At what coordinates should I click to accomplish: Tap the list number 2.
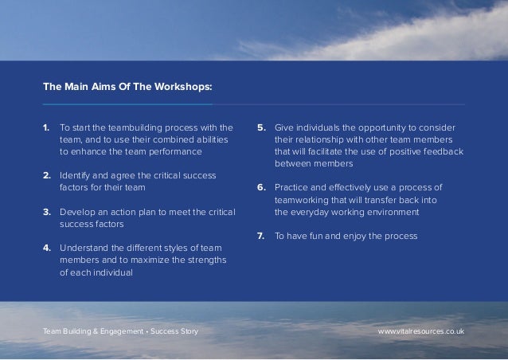click(x=47, y=175)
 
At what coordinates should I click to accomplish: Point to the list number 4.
click(x=47, y=248)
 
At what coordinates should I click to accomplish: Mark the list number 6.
click(x=261, y=187)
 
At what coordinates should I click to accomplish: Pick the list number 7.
click(x=261, y=237)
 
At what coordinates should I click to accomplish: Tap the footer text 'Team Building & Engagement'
click(x=89, y=330)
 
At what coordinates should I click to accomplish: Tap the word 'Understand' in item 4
click(x=85, y=248)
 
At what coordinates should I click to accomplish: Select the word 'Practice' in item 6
click(x=293, y=187)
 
